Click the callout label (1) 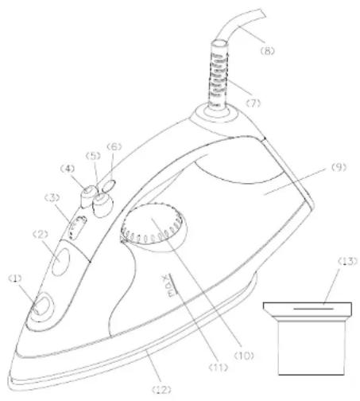(x=15, y=278)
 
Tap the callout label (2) (x=41, y=234)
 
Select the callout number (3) (x=52, y=197)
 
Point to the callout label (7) (x=254, y=103)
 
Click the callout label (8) (x=267, y=51)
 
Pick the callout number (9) (x=339, y=167)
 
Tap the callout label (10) (x=244, y=356)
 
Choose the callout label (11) (x=219, y=368)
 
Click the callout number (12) (x=162, y=390)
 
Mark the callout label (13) (x=347, y=261)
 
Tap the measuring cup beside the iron (x=308, y=339)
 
